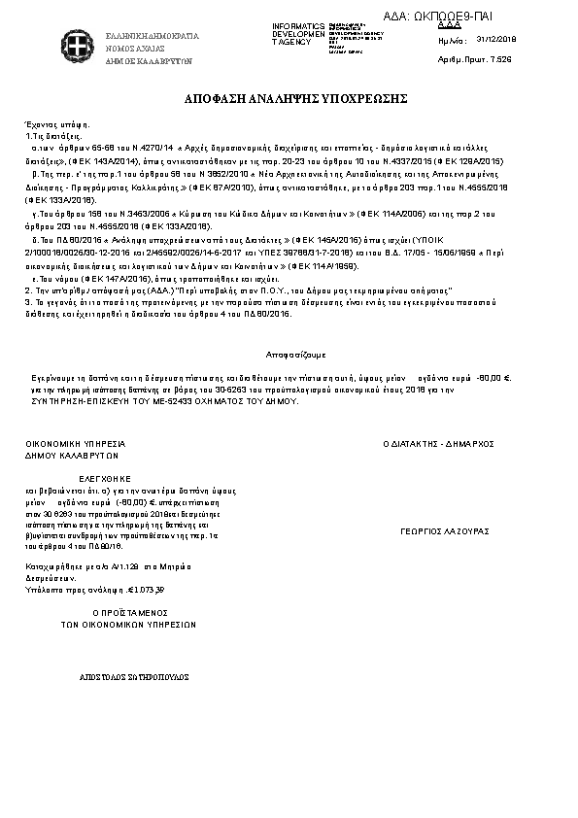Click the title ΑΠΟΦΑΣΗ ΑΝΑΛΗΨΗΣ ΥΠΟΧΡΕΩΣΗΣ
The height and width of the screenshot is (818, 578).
coord(289,100)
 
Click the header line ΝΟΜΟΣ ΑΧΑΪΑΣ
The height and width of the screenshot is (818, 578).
coord(136,48)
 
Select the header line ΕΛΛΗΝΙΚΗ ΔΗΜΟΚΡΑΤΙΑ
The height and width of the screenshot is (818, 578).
coord(153,36)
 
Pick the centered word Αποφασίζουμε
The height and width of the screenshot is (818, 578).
coord(289,356)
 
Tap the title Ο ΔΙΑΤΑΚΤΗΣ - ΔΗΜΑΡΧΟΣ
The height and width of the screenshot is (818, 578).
coord(439,442)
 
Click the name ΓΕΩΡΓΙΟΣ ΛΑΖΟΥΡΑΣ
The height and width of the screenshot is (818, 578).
coord(444,531)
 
